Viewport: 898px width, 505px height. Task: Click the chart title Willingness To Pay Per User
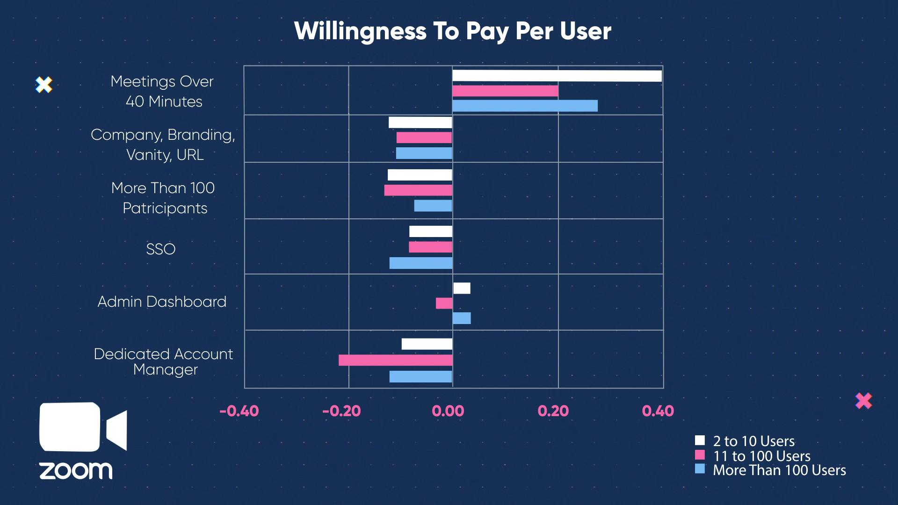coord(452,31)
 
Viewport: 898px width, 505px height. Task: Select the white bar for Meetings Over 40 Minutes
coord(557,76)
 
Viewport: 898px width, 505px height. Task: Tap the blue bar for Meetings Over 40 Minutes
coord(525,106)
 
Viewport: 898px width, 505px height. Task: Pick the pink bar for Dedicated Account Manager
coord(396,360)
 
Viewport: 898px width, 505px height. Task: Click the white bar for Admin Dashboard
coord(462,288)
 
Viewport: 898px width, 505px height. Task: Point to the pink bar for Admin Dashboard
coord(444,303)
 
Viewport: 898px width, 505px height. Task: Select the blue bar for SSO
coord(421,263)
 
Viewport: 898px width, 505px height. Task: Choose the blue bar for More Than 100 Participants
coord(433,206)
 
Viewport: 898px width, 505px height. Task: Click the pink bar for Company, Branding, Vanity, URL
coord(424,137)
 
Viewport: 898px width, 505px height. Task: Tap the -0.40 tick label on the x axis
coord(239,411)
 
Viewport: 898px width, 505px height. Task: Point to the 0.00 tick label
coord(448,411)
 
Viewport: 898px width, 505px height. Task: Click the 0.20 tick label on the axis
coord(553,411)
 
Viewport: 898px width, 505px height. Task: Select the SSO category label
coord(160,249)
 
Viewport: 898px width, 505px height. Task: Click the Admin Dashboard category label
coord(162,302)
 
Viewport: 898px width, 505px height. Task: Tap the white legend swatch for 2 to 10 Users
coord(700,440)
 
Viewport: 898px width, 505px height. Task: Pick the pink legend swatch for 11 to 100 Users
coord(700,454)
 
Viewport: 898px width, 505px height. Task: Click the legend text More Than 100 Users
coord(779,470)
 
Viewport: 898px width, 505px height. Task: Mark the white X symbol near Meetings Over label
coord(44,85)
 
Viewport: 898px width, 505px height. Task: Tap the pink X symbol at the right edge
coord(863,401)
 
